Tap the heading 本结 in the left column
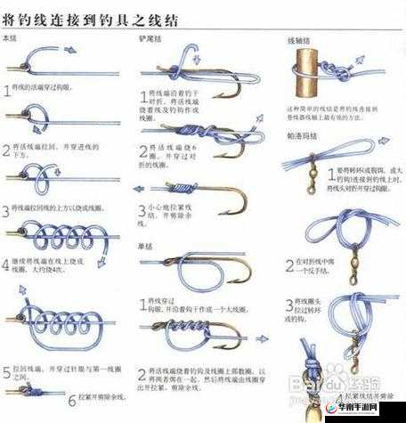click(x=11, y=38)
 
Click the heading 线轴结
click(x=296, y=41)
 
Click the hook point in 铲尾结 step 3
click(x=220, y=211)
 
